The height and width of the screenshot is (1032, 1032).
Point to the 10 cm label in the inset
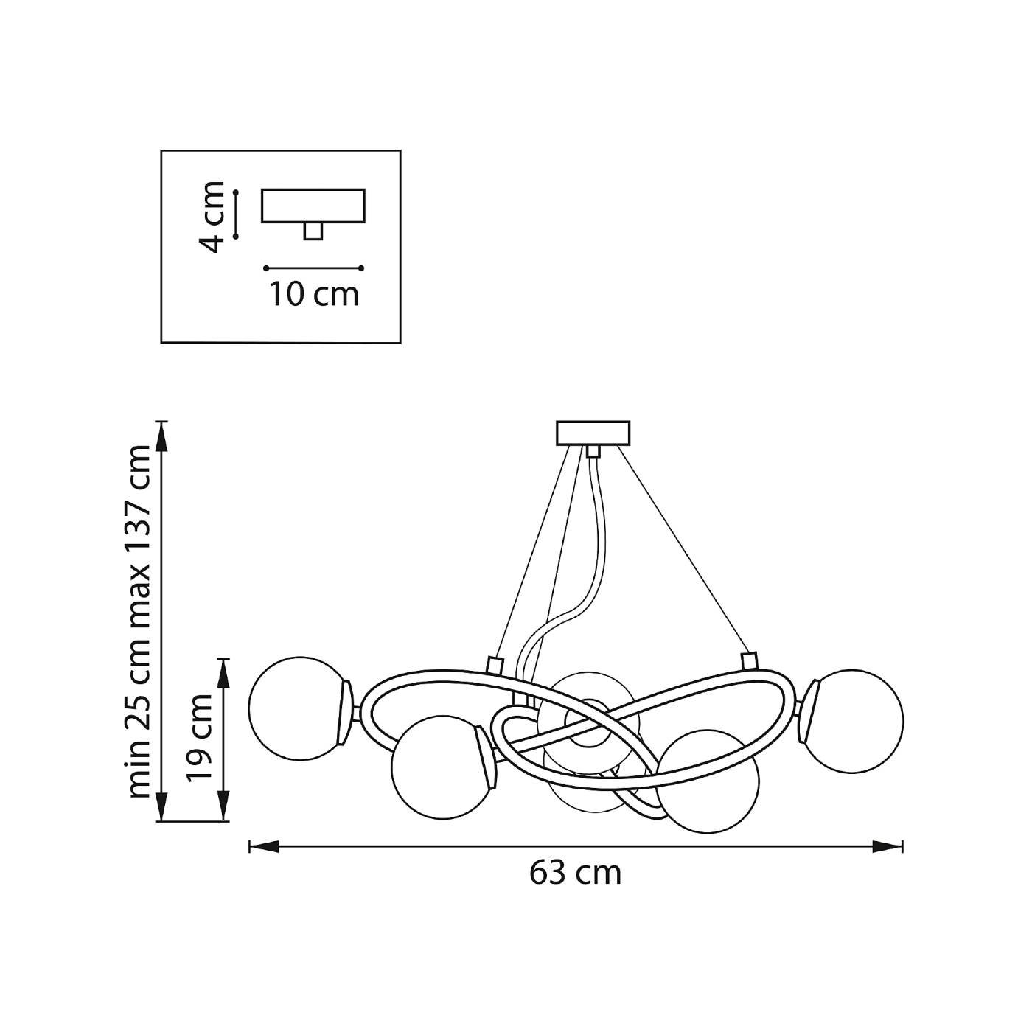(314, 295)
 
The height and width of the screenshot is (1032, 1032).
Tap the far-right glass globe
(852, 720)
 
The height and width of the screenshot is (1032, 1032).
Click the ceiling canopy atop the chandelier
(593, 433)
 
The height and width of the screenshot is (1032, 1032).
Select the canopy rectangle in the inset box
(313, 206)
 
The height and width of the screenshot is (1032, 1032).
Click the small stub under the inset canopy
(313, 231)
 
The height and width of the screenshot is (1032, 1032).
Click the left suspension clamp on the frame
(494, 665)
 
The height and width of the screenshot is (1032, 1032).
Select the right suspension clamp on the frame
(749, 661)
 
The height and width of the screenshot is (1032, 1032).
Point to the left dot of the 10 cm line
(266, 268)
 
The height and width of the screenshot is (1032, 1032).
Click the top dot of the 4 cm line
(236, 191)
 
